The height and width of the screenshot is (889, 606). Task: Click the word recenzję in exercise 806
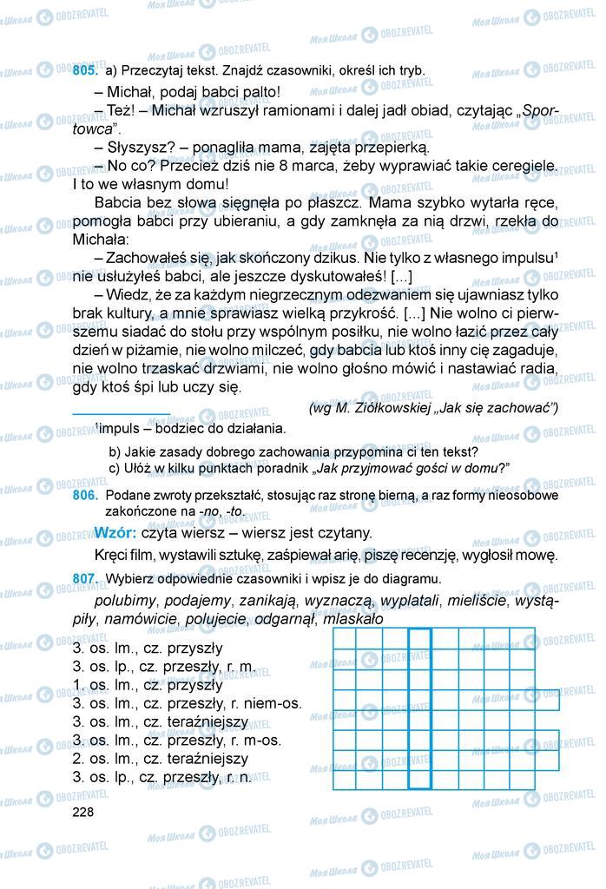(411, 555)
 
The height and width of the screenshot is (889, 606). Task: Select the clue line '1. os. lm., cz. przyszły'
(148, 684)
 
